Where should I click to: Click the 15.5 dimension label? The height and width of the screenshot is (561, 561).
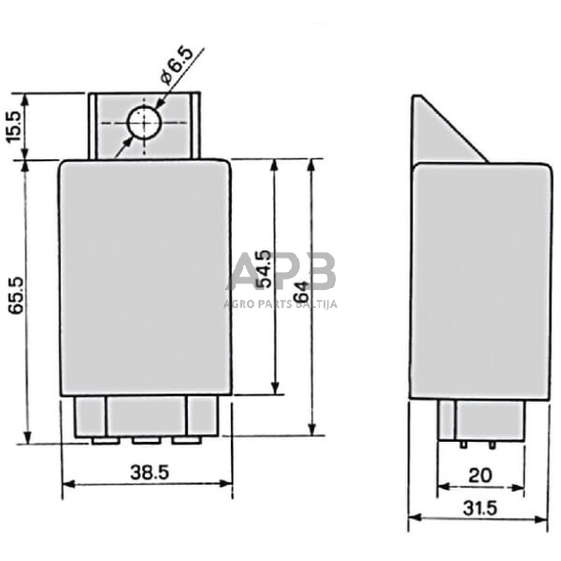15,127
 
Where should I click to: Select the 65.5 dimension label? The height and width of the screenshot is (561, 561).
16,296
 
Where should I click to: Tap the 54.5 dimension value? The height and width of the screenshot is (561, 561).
265,269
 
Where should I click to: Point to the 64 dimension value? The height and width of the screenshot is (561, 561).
301,291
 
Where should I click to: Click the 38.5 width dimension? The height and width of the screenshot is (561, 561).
149,472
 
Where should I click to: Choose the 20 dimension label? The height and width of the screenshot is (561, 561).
480,475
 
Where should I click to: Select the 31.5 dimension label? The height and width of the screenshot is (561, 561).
480,508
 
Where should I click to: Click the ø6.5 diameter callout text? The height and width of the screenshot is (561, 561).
177,65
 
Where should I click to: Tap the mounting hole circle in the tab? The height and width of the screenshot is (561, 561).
145,124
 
